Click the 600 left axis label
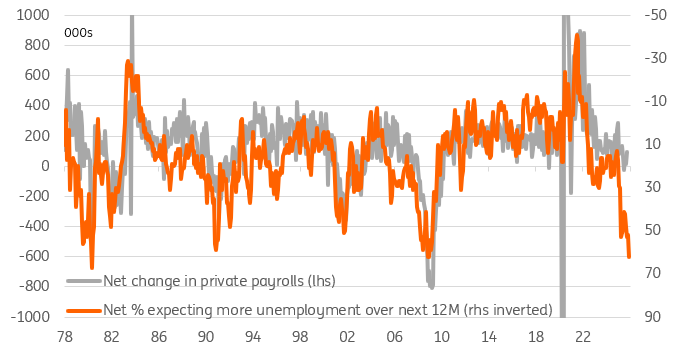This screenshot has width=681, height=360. pos(37,76)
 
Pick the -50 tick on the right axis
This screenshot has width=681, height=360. pos(656,16)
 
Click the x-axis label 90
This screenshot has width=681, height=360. pos(205,338)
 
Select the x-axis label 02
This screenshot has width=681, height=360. pos(346,338)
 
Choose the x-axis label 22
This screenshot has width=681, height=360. pos(581,338)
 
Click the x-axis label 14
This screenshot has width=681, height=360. pos(487,338)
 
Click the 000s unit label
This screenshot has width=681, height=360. pos(79,33)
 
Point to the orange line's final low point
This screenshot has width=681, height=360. pos(630,257)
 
